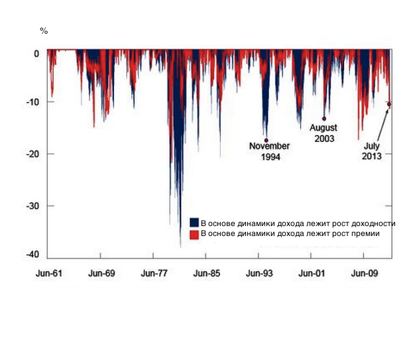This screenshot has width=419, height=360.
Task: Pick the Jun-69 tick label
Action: pos(101,272)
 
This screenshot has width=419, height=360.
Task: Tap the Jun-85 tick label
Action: pos(206,272)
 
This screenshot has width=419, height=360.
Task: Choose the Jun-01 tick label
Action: pos(312,272)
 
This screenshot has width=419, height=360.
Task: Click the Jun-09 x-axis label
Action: pos(363,272)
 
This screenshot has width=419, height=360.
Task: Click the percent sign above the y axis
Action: pos(44,30)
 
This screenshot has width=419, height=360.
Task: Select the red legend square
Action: pos(194,234)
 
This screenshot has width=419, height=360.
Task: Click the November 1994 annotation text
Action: pos(269,151)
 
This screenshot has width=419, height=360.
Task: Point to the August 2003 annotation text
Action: pos(324,133)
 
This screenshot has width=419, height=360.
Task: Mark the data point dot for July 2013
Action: pos(389,104)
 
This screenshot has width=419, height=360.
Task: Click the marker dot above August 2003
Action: pos(324,119)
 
